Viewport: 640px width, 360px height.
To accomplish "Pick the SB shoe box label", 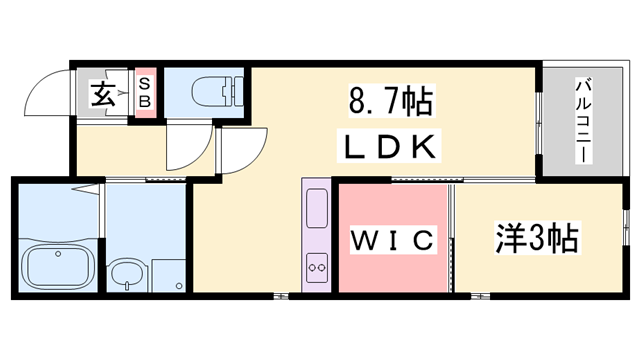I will [144, 94].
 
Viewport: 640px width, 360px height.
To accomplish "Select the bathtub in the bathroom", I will [57, 267].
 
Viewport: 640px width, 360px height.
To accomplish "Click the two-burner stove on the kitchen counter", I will [318, 267].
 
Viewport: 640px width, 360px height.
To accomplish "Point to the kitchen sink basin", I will [317, 210].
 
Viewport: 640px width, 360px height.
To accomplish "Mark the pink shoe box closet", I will [145, 94].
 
